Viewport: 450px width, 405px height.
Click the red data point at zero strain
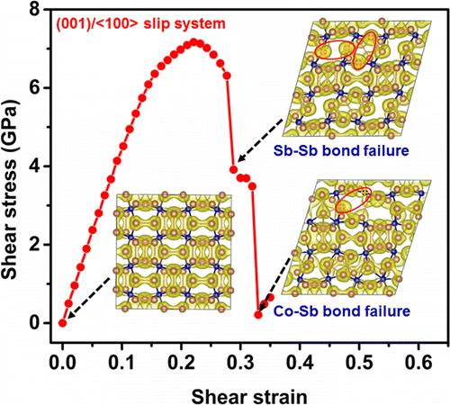(x=62, y=322)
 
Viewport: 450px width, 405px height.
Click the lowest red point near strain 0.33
(x=258, y=314)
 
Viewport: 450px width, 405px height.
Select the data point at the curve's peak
(x=193, y=41)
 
